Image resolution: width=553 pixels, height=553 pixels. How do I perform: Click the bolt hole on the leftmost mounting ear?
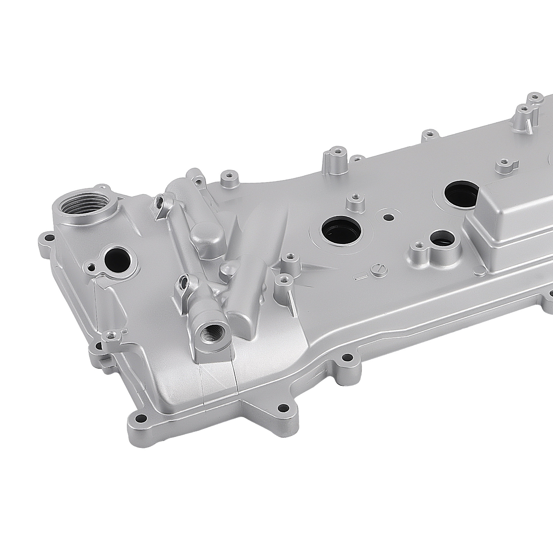point(48,238)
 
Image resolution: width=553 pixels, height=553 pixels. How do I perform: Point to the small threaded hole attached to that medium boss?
point(419,245)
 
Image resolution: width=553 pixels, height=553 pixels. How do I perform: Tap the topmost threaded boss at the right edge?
point(535,97)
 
